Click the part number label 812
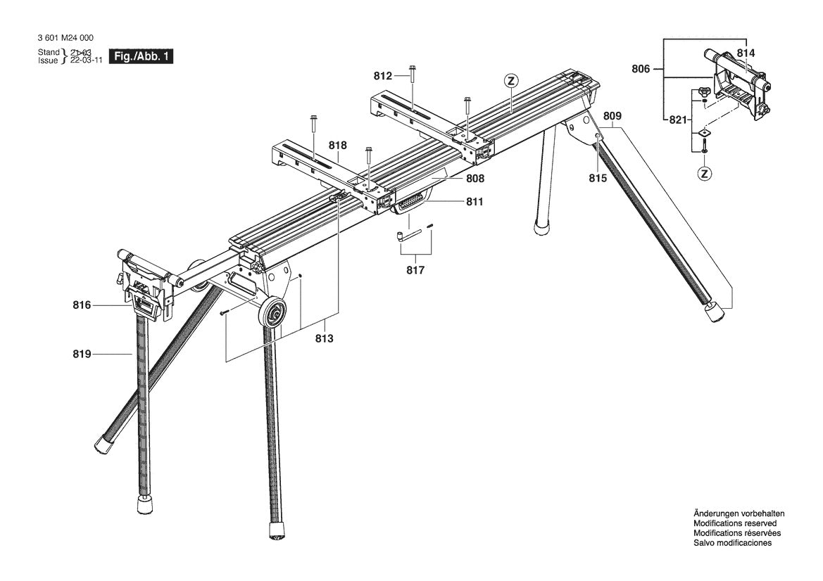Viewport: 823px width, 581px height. [383, 75]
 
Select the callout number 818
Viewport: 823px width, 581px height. [338, 146]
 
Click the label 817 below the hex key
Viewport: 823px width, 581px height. [415, 269]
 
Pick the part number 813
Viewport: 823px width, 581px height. [324, 338]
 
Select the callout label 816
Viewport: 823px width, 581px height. [82, 305]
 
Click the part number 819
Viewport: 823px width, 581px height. [82, 355]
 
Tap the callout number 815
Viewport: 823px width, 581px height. [598, 179]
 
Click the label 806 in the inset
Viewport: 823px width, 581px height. [641, 69]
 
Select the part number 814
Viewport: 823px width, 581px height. [746, 53]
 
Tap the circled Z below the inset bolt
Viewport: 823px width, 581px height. [704, 172]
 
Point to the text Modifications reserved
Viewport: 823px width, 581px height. [735, 523]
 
